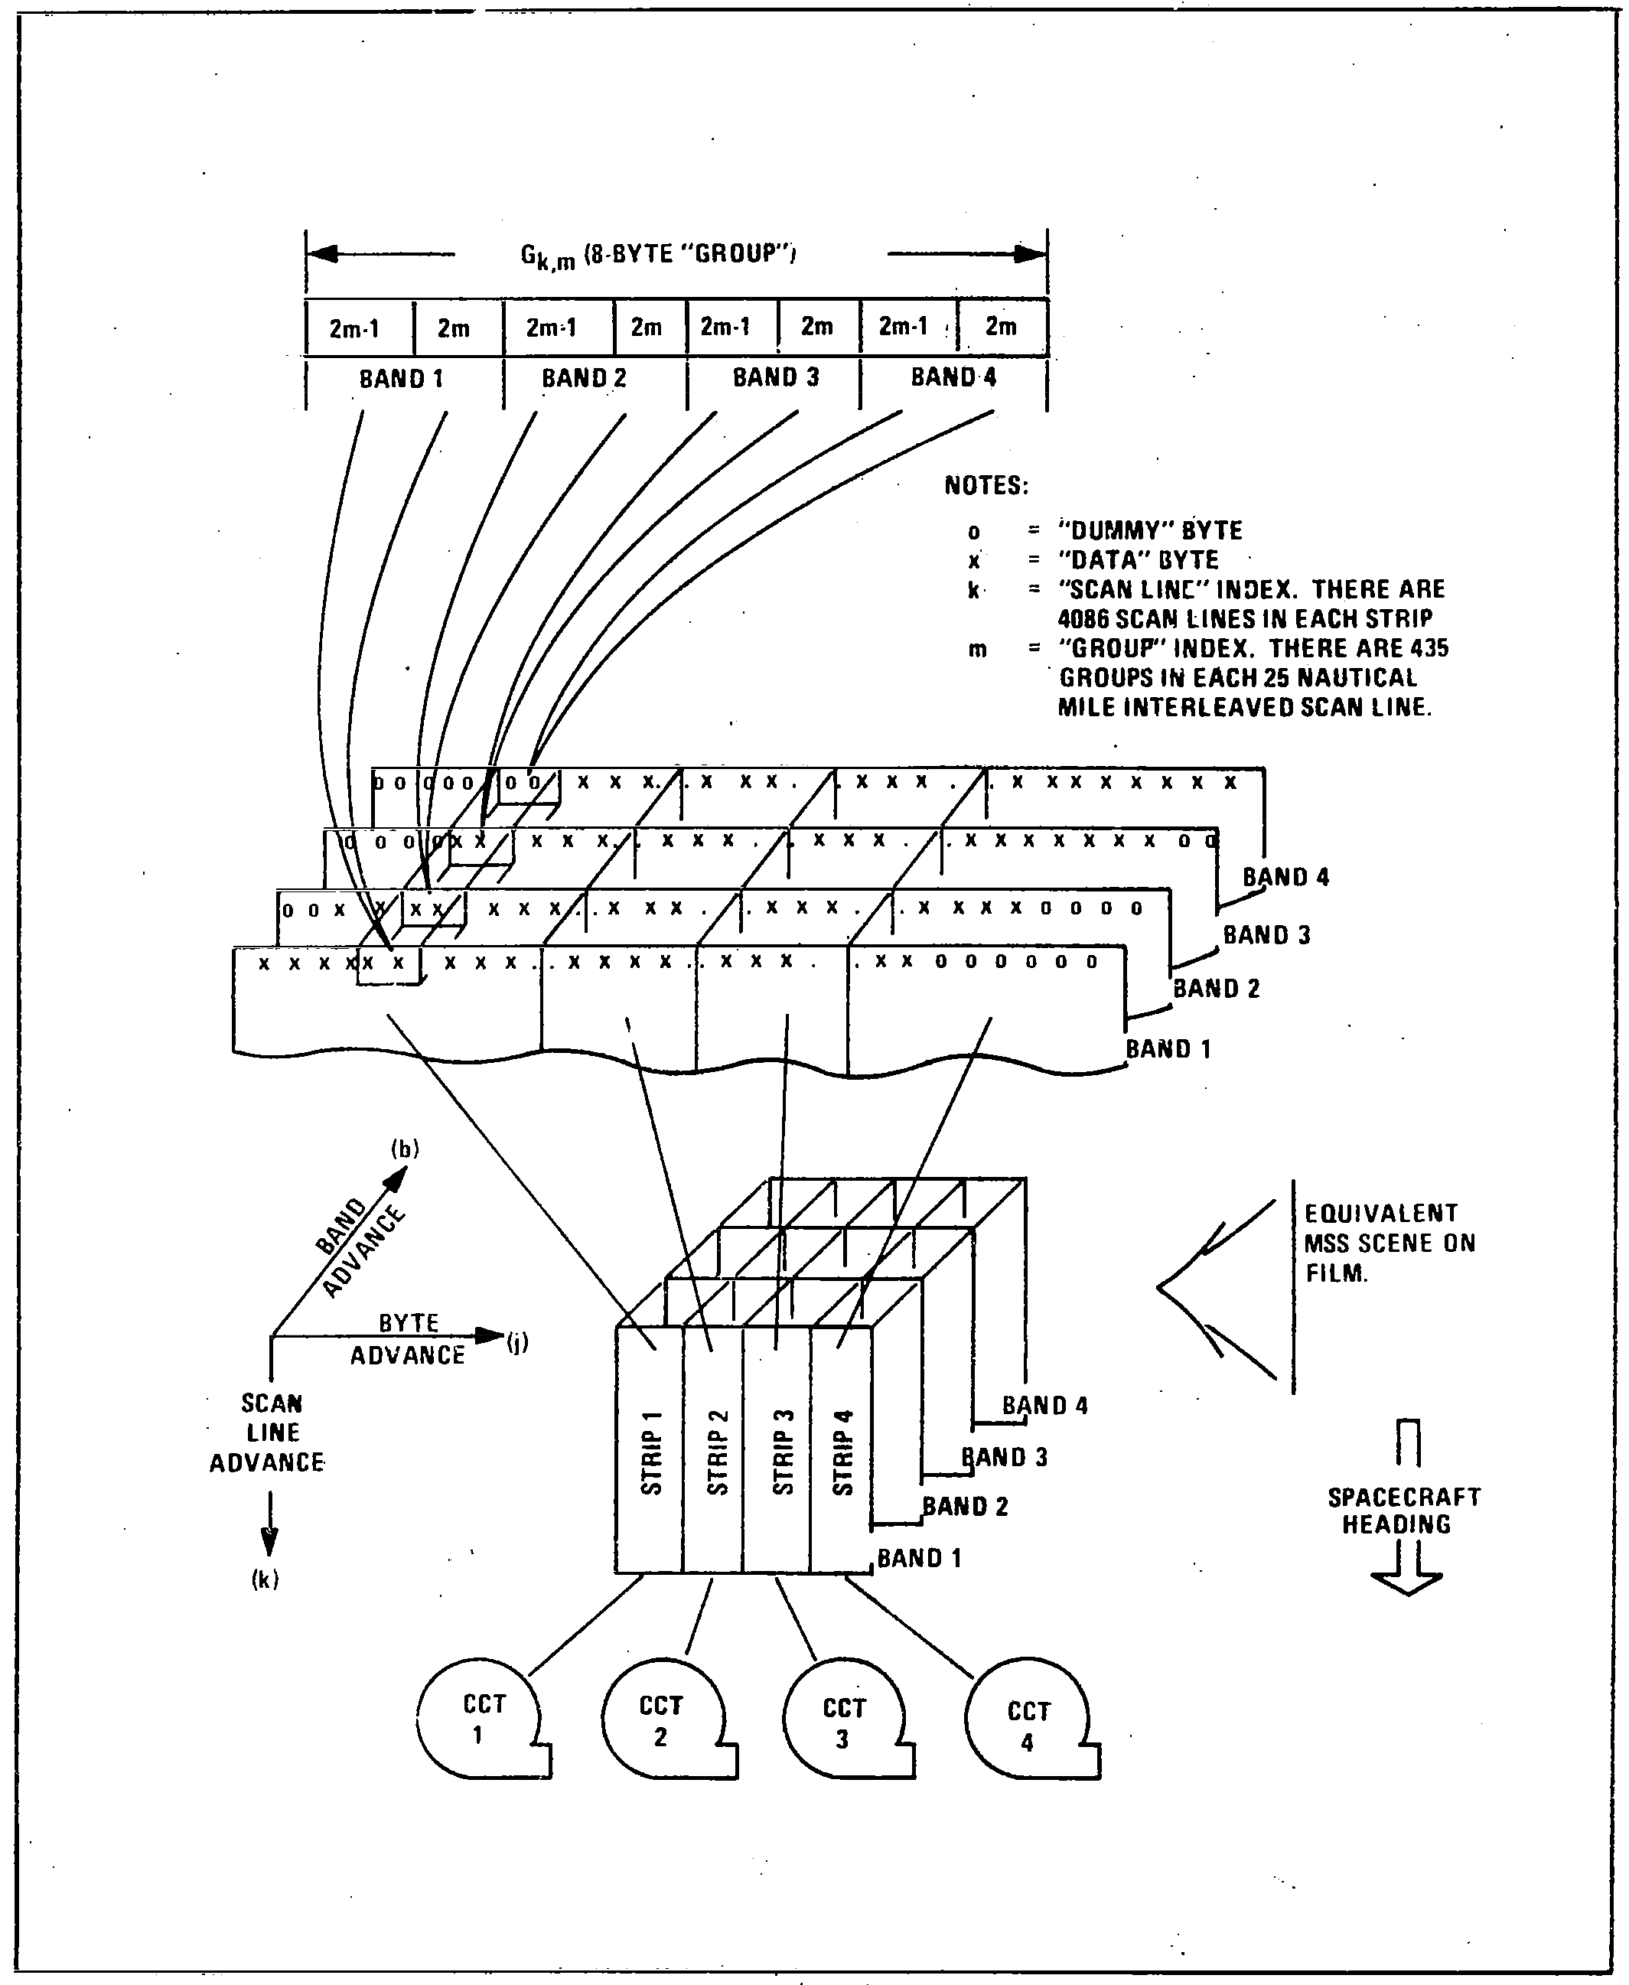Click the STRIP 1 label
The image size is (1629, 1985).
point(651,1452)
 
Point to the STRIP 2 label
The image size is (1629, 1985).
point(717,1452)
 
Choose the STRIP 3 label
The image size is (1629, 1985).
point(783,1452)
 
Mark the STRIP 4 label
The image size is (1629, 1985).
point(842,1452)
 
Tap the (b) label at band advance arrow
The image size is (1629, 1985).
point(406,1148)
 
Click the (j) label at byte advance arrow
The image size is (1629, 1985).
point(517,1342)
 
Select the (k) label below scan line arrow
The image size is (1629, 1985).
point(266,1579)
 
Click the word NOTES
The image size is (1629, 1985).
point(986,485)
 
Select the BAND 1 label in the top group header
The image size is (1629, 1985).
point(401,378)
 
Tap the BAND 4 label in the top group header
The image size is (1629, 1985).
point(953,377)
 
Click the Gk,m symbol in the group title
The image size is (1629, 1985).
point(547,256)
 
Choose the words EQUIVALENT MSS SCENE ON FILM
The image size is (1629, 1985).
point(1390,1243)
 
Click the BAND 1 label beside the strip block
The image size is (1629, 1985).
point(919,1558)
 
